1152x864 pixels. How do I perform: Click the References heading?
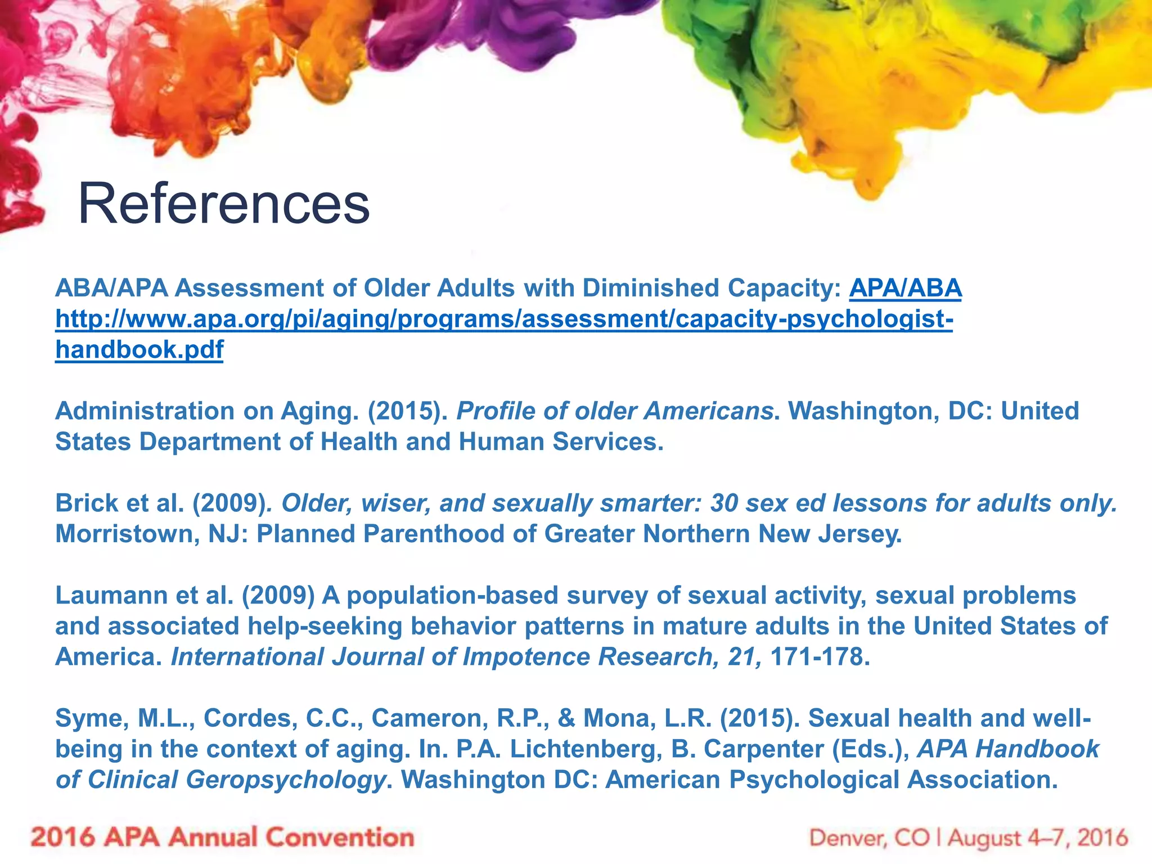coord(224,204)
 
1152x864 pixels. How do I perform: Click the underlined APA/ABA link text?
coord(905,289)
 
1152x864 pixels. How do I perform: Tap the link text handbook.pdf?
coord(139,350)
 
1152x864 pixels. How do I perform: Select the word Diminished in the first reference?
coord(621,289)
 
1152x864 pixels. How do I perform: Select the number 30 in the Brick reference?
coord(724,503)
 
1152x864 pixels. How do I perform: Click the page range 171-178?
coord(820,657)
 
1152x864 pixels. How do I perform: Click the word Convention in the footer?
coord(340,838)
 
